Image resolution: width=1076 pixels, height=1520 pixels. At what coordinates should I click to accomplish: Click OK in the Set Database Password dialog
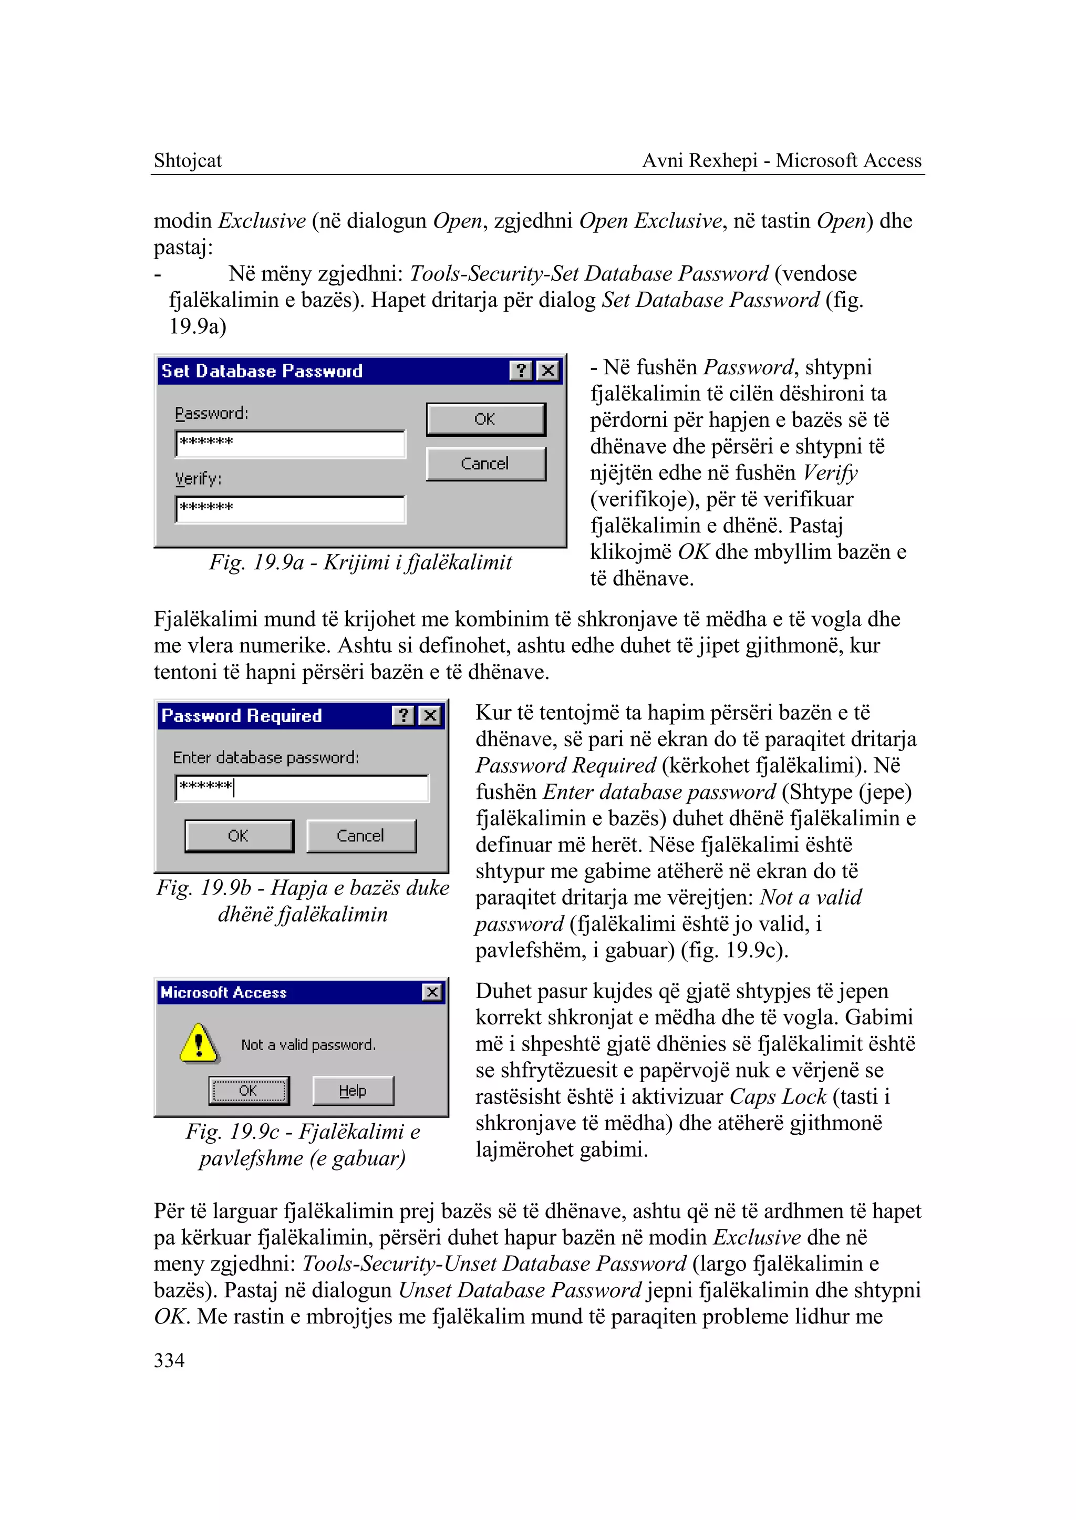pyautogui.click(x=485, y=419)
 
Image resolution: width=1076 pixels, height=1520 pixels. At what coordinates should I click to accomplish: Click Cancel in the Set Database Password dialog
pyautogui.click(x=485, y=464)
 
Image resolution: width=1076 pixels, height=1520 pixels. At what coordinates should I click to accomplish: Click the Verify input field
pyautogui.click(x=290, y=509)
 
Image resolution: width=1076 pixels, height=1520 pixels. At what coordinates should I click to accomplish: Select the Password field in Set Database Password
pyautogui.click(x=290, y=444)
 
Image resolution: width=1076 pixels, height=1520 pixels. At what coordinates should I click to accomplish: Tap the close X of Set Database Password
pyautogui.click(x=548, y=371)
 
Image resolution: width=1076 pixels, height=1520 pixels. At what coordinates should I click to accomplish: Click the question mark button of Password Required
pyautogui.click(x=403, y=715)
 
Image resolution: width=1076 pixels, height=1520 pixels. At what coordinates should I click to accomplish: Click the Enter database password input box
pyautogui.click(x=302, y=788)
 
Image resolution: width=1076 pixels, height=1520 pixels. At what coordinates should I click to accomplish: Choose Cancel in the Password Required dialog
pyautogui.click(x=361, y=836)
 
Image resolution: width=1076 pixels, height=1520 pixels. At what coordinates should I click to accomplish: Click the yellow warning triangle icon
pyautogui.click(x=199, y=1044)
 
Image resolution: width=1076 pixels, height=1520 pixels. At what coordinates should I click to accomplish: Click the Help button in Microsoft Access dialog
pyautogui.click(x=353, y=1091)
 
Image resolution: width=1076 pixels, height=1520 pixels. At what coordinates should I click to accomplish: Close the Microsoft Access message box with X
pyautogui.click(x=432, y=992)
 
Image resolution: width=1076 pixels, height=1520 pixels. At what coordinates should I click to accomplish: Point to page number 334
pyautogui.click(x=169, y=1360)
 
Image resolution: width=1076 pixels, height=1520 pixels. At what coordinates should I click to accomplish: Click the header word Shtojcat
pyautogui.click(x=188, y=160)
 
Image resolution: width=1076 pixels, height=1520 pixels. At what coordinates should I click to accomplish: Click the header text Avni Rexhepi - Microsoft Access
pyautogui.click(x=782, y=160)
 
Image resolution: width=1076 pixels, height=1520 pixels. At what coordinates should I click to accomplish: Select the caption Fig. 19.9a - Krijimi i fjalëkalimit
pyautogui.click(x=360, y=562)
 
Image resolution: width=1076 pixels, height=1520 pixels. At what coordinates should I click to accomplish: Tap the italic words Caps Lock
pyautogui.click(x=778, y=1096)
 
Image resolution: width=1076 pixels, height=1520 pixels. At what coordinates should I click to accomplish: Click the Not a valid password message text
pyautogui.click(x=308, y=1045)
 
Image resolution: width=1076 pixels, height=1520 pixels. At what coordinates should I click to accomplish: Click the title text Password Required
pyautogui.click(x=242, y=716)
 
